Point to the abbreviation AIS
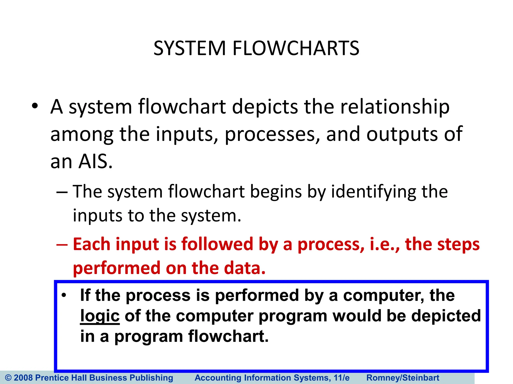coord(95,161)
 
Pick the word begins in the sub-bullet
coord(276,192)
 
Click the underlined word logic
coord(100,316)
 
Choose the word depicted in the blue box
coord(446,315)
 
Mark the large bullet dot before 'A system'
coord(35,106)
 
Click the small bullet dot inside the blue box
coord(64,295)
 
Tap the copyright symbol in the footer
coord(8,378)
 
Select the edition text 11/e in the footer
coord(341,378)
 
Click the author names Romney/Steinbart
coord(403,378)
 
